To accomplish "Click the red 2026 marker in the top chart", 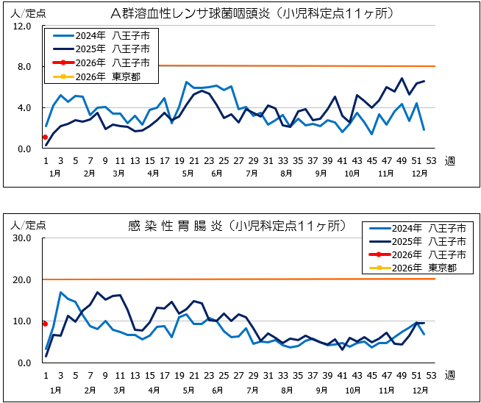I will pos(46,137).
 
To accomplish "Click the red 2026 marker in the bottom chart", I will pos(46,324).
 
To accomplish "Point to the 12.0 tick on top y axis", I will pos(22,26).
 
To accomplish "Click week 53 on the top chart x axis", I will pos(431,160).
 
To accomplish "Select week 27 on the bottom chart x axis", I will pos(238,375).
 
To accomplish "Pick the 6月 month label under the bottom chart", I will pos(216,388).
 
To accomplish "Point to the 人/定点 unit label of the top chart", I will pos(22,12).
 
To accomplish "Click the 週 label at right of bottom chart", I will pos(449,375).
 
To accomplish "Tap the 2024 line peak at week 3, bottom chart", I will pos(60,293).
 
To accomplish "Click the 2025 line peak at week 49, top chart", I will pos(402,79).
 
